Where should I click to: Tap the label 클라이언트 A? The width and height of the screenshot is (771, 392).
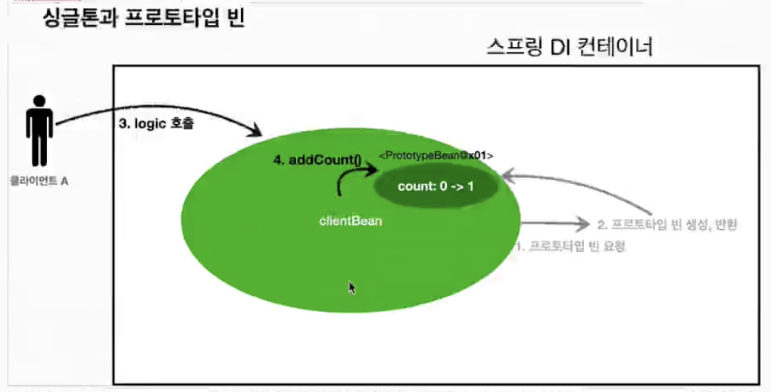click(x=39, y=182)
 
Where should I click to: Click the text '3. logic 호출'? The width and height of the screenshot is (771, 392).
click(x=157, y=123)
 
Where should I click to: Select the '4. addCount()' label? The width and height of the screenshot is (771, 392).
click(x=317, y=160)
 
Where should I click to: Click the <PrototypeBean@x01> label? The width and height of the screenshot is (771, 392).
click(x=436, y=155)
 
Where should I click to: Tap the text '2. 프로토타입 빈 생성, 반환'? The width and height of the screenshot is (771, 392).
click(x=667, y=224)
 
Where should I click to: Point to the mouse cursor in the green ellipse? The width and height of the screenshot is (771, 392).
click(x=352, y=288)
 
